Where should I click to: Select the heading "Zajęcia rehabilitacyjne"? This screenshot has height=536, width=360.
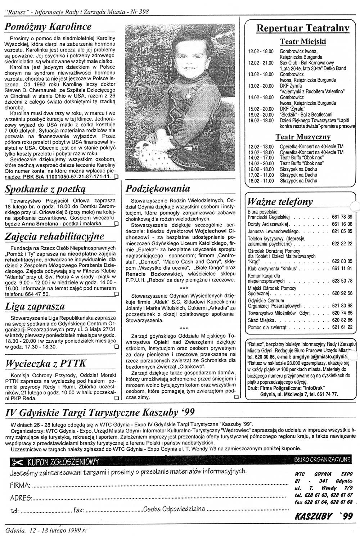tap(55, 237)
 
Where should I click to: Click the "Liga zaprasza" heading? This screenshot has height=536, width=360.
tap(35, 307)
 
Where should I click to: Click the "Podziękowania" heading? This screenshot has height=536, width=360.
tap(158, 189)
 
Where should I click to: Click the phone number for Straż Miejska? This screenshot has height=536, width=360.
tap(342, 320)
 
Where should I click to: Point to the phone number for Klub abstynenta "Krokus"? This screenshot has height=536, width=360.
tap(342, 269)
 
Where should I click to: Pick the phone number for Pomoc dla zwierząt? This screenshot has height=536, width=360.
tap(342, 328)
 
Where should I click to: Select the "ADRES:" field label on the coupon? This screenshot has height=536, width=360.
tap(21, 498)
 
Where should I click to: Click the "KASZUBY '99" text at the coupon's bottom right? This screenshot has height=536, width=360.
tap(324, 517)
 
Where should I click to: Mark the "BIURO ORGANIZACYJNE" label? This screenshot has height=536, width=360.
tap(322, 460)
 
